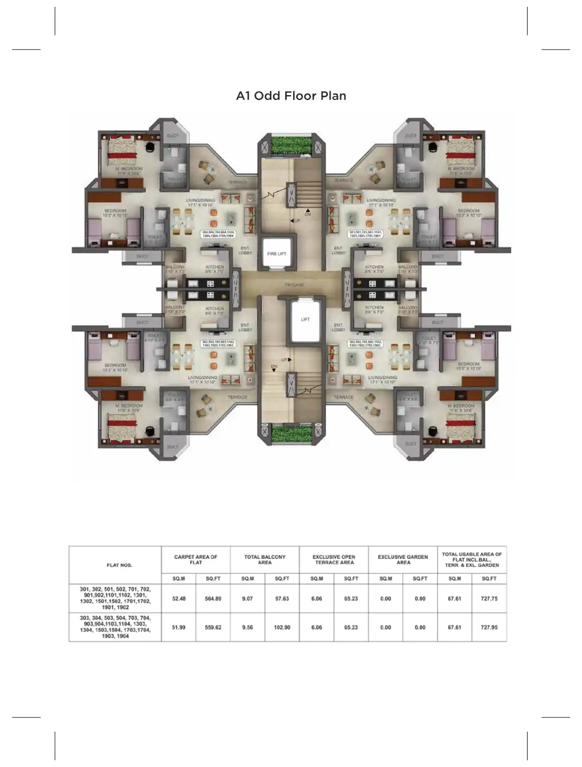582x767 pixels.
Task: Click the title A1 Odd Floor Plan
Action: coord(291,96)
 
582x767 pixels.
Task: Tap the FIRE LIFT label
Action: coord(276,254)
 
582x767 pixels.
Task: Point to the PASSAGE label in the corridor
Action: coord(294,285)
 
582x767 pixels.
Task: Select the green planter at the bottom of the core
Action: coord(291,435)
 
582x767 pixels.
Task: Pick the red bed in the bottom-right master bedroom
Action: coord(461,426)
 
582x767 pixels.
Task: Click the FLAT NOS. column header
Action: coord(119,565)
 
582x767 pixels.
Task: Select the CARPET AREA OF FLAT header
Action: coord(195,559)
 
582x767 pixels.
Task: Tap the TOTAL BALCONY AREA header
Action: coord(265,559)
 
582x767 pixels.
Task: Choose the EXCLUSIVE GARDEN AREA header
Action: coord(403,559)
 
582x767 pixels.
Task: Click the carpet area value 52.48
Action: coord(179,598)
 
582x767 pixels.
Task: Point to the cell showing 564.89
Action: coord(213,598)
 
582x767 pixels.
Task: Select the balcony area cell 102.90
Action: coord(282,628)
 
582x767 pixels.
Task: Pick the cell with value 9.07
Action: coord(247,598)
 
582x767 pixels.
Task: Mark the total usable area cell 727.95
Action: coord(489,628)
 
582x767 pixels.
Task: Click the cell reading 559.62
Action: coord(213,628)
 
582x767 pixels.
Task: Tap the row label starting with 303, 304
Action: coord(115,627)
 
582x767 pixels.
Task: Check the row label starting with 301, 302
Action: coord(115,598)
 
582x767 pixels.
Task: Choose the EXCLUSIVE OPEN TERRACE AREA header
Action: coord(334,559)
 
